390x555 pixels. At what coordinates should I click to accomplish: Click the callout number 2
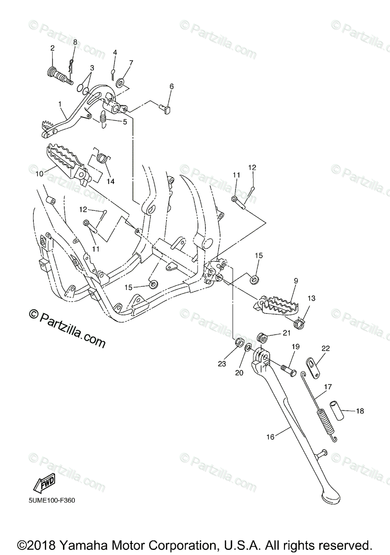[52, 48]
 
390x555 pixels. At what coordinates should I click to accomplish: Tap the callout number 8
[75, 42]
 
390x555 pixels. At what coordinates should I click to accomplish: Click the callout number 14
[110, 181]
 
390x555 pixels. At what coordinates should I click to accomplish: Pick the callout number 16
[270, 436]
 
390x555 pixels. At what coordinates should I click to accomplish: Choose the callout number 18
[360, 410]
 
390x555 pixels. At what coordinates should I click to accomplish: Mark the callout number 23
[222, 364]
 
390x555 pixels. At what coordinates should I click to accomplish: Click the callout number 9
[296, 280]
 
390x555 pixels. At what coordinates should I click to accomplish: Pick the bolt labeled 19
[288, 370]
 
